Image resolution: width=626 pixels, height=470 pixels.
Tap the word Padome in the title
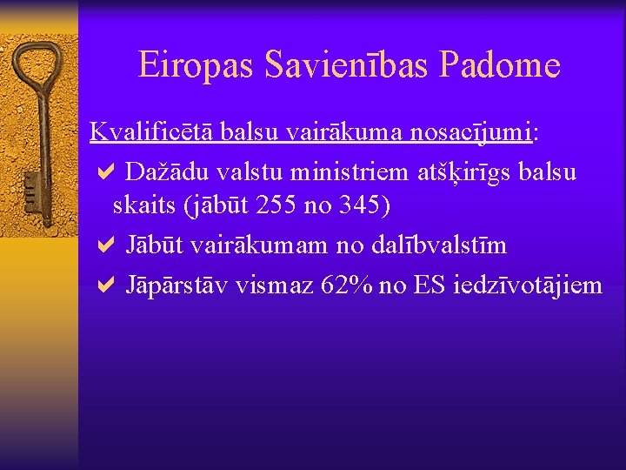pyautogui.click(x=500, y=64)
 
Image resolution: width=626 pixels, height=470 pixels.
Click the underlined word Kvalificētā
pyautogui.click(x=152, y=132)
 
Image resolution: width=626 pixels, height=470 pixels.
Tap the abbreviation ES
pyautogui.click(x=430, y=285)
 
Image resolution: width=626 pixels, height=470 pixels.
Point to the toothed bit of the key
pyautogui.click(x=31, y=189)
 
